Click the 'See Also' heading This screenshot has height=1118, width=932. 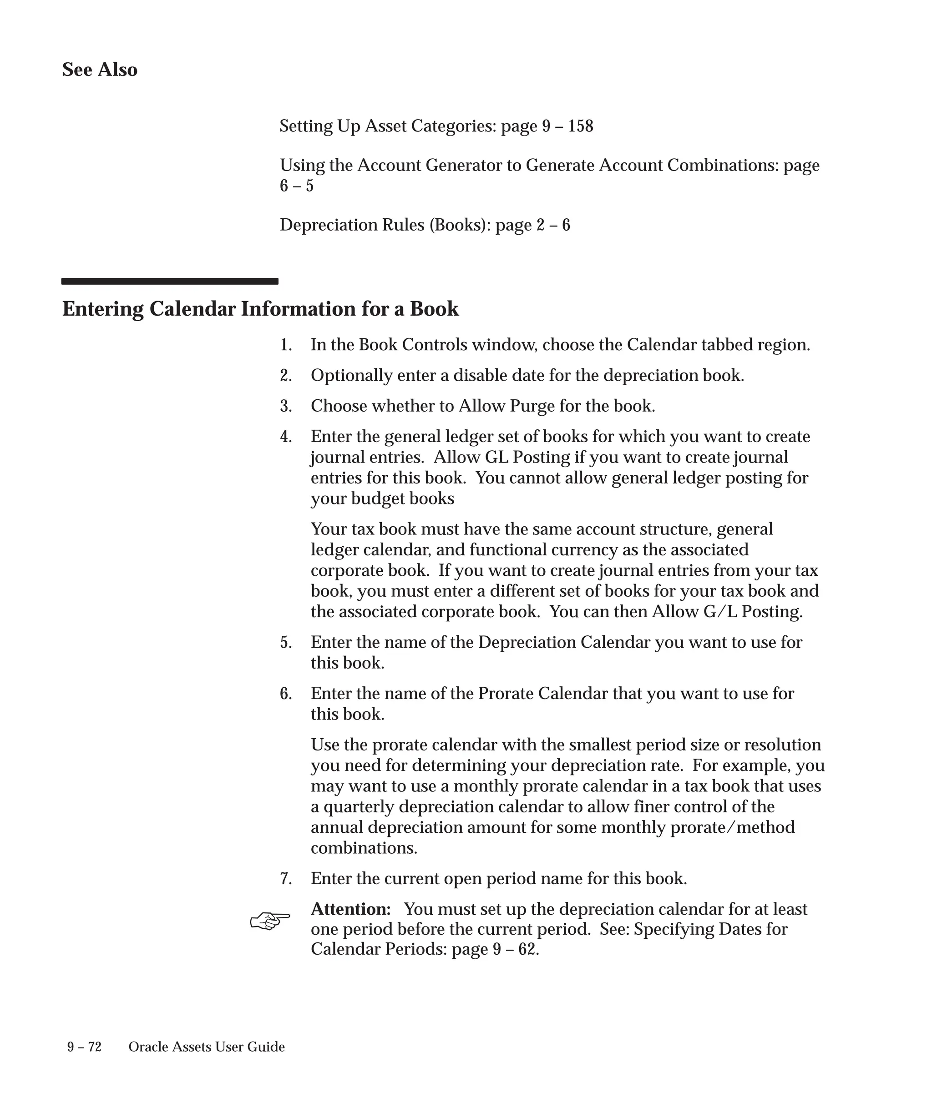[100, 70]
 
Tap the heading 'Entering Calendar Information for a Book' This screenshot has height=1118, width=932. [260, 309]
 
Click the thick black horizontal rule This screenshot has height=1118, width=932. [169, 281]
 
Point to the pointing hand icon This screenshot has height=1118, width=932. [270, 921]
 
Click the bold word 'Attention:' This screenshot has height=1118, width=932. [350, 909]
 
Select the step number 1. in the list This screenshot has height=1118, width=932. [286, 345]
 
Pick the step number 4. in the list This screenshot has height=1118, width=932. [286, 437]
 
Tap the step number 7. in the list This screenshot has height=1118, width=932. [286, 878]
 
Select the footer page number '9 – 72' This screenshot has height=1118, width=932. [84, 1047]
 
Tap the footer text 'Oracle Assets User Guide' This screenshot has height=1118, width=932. [207, 1047]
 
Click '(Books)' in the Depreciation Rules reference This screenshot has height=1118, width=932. [460, 225]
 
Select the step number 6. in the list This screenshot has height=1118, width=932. [286, 694]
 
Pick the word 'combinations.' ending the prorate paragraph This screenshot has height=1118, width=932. [364, 848]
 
